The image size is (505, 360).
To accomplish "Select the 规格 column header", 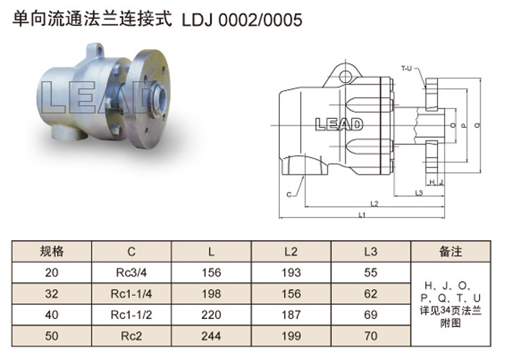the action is pos(51,252).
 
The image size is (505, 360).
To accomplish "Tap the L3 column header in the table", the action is pos(370,252).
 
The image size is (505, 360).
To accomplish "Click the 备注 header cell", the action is pos(451,252).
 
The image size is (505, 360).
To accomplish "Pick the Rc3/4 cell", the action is pos(131,273).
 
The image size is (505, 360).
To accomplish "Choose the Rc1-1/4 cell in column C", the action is pos(131,294).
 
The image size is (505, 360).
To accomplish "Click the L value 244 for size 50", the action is pos(211,336).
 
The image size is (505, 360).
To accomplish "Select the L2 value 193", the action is pos(291,273).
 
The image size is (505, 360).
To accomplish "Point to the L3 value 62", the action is pos(370,294).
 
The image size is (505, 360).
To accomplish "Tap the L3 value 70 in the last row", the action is pos(370,336).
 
